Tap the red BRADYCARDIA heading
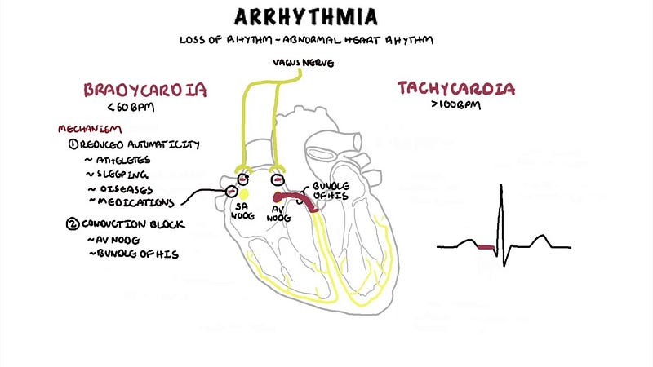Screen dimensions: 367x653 [x=144, y=89]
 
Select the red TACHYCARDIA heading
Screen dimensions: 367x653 [x=456, y=88]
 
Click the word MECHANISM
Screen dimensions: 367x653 [x=90, y=129]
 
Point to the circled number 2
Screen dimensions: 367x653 [x=73, y=223]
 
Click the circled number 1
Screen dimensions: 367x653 [x=73, y=144]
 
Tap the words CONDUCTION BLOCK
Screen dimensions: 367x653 [x=135, y=223]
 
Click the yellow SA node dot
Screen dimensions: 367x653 [x=242, y=193]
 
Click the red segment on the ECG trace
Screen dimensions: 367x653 [x=487, y=246]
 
